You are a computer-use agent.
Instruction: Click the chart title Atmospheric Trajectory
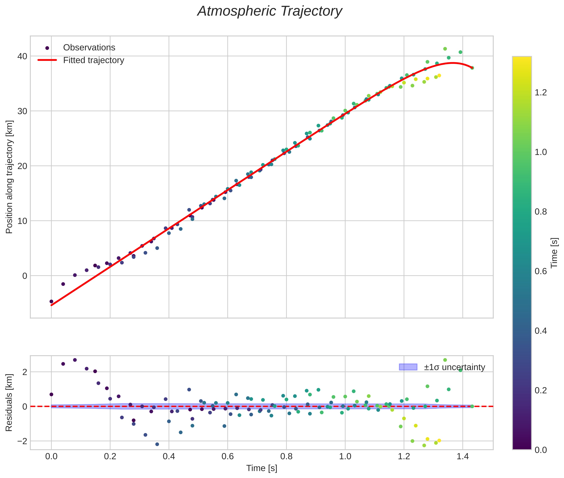click(x=270, y=11)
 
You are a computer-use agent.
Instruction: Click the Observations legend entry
click(x=89, y=48)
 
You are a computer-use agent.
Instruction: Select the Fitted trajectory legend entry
click(x=93, y=60)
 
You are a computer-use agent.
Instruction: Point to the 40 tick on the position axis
click(x=23, y=56)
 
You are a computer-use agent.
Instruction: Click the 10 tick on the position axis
click(x=23, y=221)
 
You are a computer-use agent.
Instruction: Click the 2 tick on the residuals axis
click(x=25, y=372)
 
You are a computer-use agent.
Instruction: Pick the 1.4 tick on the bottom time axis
click(x=463, y=457)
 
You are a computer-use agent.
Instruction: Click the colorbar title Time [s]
click(x=554, y=253)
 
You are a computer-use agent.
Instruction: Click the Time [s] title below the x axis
click(x=262, y=468)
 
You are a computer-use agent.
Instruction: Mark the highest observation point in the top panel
click(x=445, y=49)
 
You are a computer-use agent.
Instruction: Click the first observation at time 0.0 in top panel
click(x=51, y=301)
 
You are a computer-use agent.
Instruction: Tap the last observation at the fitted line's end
click(x=472, y=68)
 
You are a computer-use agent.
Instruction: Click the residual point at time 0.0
click(x=51, y=394)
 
